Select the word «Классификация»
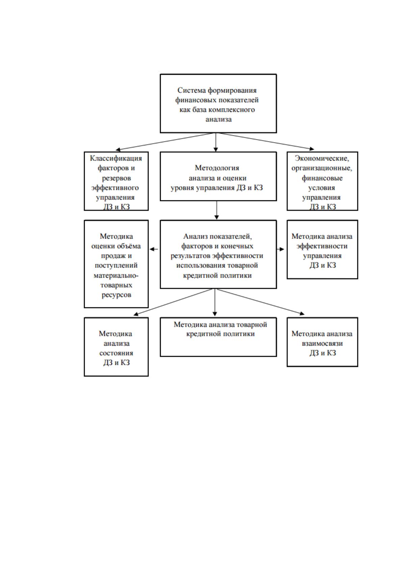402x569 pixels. [x=116, y=158]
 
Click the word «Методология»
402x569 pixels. [x=217, y=168]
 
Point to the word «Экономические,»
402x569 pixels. [x=322, y=158]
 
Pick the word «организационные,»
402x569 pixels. [x=322, y=168]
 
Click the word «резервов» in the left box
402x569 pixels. [x=116, y=178]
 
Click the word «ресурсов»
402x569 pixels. [x=116, y=295]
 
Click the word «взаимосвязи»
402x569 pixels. [x=322, y=343]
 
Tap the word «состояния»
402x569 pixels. [x=116, y=353]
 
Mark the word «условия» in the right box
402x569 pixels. [x=322, y=188]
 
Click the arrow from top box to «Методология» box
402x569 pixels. [x=216, y=142]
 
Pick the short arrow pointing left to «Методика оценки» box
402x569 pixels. [x=154, y=249]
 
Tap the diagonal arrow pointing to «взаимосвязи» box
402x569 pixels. [x=260, y=302]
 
